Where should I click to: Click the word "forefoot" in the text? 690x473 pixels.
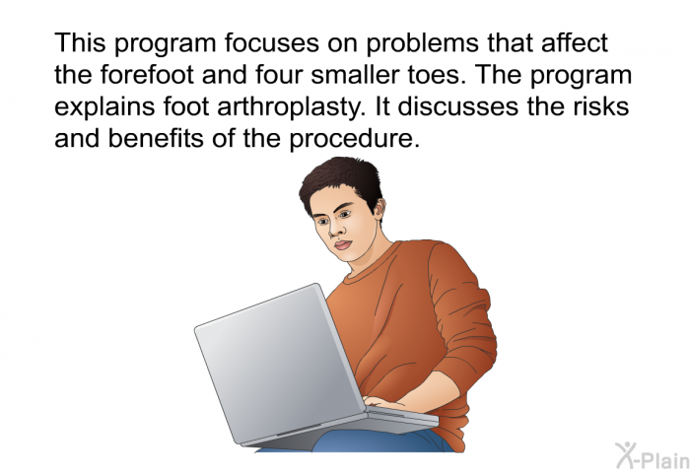(x=147, y=75)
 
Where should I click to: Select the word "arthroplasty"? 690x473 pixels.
(x=291, y=107)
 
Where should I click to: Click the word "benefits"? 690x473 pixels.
(x=157, y=138)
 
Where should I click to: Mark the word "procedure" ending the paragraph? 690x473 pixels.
(x=352, y=140)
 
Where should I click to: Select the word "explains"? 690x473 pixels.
(x=104, y=107)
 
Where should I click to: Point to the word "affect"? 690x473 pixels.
(x=575, y=43)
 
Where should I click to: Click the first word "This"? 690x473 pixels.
(x=80, y=43)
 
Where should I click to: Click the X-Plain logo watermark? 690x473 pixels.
(x=653, y=455)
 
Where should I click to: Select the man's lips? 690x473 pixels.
(x=343, y=244)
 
